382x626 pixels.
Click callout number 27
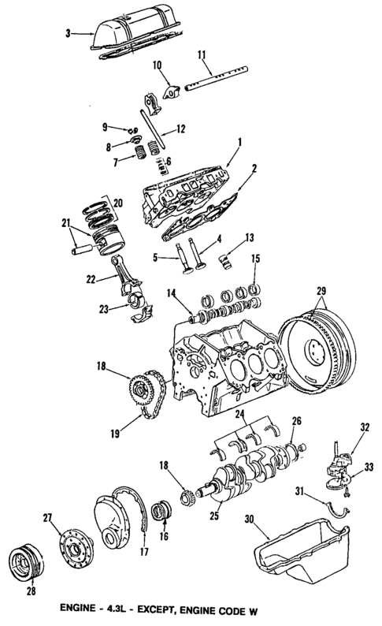pyautogui.click(x=48, y=518)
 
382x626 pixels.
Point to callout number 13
pyautogui.click(x=249, y=236)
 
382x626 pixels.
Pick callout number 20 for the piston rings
pyautogui.click(x=119, y=201)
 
